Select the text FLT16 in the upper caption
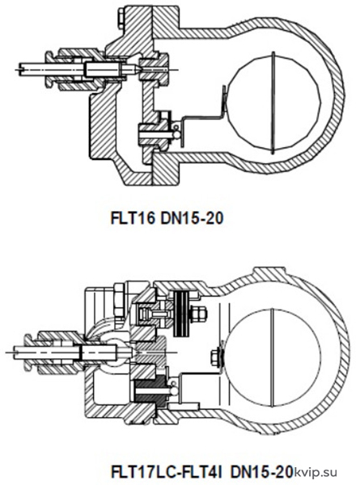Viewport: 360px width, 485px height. pyautogui.click(x=133, y=219)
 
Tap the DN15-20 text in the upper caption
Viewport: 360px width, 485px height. pyautogui.click(x=192, y=219)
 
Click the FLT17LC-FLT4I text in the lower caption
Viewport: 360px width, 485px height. pyautogui.click(x=167, y=472)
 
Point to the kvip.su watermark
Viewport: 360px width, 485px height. pyautogui.click(x=316, y=473)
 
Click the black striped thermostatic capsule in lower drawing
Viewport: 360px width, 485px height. pyautogui.click(x=182, y=310)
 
